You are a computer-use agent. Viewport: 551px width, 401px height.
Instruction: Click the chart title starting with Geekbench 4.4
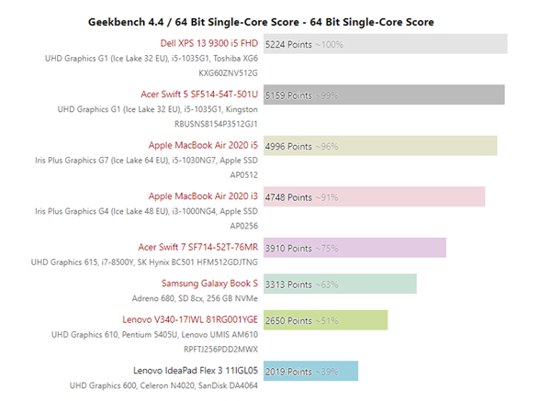[x=261, y=21]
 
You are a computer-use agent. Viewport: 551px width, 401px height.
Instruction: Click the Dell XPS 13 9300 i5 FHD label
[x=209, y=43]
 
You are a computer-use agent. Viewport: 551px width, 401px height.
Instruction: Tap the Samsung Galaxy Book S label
[x=209, y=283]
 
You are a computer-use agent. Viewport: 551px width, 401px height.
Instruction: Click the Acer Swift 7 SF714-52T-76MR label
[x=197, y=247]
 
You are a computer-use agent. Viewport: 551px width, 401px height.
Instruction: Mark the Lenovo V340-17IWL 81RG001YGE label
[x=195, y=319]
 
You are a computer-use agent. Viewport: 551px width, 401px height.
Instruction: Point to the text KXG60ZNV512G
[x=228, y=72]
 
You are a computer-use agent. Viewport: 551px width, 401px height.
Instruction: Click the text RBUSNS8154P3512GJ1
[x=216, y=123]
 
